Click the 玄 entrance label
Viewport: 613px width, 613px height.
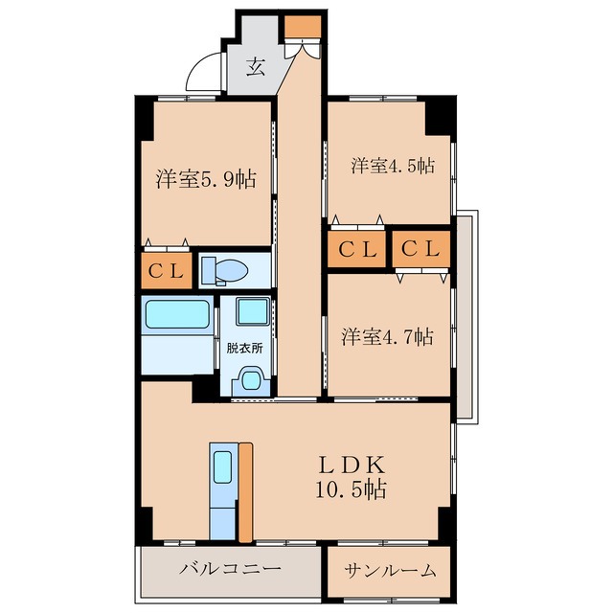click(256, 67)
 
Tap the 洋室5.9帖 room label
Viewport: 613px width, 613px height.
click(206, 178)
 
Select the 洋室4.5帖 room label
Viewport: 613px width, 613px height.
click(392, 166)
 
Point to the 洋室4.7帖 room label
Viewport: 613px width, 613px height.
click(388, 336)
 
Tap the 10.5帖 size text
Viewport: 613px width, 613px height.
click(352, 490)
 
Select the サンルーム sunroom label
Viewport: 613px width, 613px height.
click(390, 570)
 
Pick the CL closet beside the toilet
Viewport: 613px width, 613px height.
click(166, 271)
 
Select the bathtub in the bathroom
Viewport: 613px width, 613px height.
click(177, 315)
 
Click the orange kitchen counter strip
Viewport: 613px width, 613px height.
click(245, 490)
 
